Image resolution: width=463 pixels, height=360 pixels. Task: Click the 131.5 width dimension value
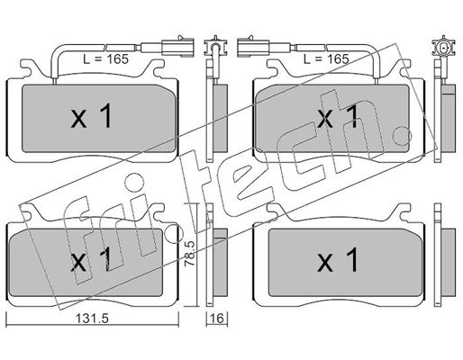(92, 319)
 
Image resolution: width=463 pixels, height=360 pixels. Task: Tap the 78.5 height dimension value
(191, 254)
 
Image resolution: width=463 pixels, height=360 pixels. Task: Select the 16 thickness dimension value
(217, 319)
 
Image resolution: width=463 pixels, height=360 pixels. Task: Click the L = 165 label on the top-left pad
(105, 59)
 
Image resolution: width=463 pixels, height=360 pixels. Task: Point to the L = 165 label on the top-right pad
(326, 59)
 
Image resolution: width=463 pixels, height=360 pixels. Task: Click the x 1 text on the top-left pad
(91, 116)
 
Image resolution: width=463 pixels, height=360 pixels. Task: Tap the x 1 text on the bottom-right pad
(338, 260)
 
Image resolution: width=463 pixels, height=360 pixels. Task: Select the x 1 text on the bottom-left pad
(91, 260)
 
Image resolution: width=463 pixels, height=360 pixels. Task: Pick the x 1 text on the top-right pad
(338, 116)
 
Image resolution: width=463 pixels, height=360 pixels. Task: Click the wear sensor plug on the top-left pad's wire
(177, 47)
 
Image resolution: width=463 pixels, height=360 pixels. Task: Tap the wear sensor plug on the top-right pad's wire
(253, 47)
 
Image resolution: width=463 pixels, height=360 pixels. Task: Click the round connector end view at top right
(444, 48)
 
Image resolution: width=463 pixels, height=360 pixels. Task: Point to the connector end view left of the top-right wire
(214, 47)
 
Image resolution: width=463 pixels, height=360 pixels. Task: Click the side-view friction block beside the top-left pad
(220, 118)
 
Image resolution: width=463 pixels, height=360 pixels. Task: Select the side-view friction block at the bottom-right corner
(449, 262)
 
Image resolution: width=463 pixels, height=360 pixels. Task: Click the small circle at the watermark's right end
(402, 135)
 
